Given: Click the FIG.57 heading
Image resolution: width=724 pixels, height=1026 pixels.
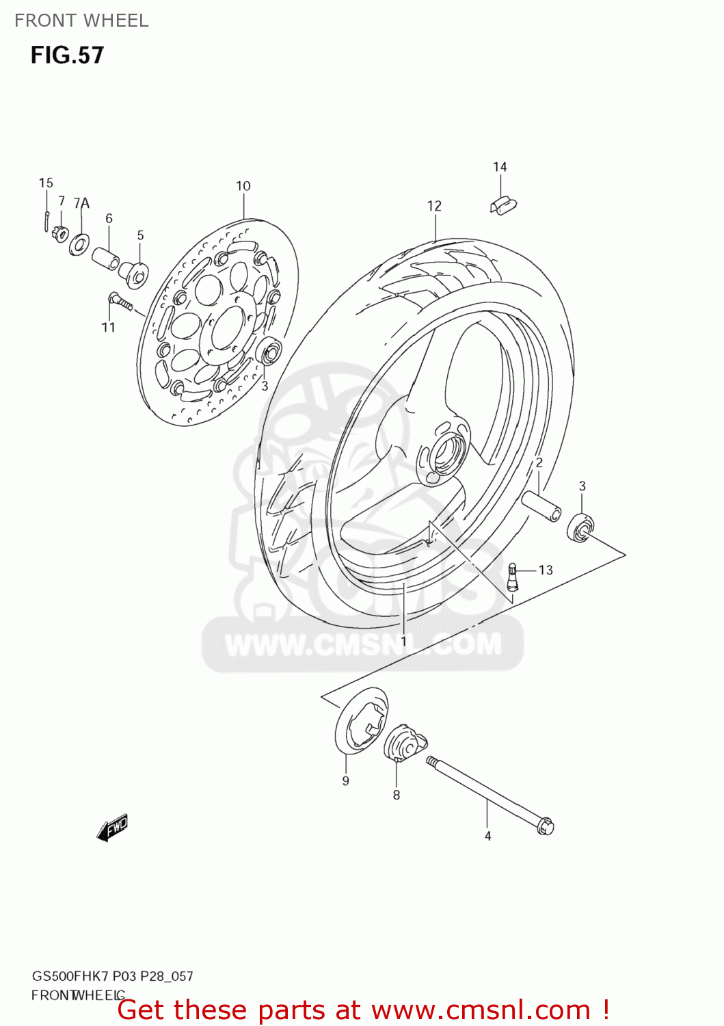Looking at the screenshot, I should point(67,55).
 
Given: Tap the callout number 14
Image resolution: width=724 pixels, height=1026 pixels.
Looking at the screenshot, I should point(500,167).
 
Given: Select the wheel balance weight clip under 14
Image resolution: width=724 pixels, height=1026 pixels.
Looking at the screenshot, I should point(503,205).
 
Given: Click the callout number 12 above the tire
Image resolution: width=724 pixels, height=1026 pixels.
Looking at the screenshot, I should point(434,206).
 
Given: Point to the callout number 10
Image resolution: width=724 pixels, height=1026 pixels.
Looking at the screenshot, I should point(243,186).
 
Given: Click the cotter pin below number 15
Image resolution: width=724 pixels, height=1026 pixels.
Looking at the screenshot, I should point(45,220).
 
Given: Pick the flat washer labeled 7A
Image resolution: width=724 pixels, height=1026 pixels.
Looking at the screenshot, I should point(80,243).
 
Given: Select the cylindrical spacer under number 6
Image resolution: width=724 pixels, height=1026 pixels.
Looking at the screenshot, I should point(106,259).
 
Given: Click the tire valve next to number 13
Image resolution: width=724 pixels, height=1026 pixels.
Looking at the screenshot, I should point(513,576).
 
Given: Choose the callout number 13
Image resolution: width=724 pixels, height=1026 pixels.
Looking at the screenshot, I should point(546,570).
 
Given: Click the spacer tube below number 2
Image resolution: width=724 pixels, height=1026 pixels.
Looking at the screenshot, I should point(541,506).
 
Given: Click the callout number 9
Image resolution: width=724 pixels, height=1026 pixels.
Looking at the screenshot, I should point(346,781).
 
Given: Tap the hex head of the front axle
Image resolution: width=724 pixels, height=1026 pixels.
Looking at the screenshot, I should point(545,826).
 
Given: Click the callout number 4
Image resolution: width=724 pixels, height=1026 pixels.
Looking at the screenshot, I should point(488,836).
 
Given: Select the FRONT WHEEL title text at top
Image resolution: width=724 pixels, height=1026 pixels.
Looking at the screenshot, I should point(81,21).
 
